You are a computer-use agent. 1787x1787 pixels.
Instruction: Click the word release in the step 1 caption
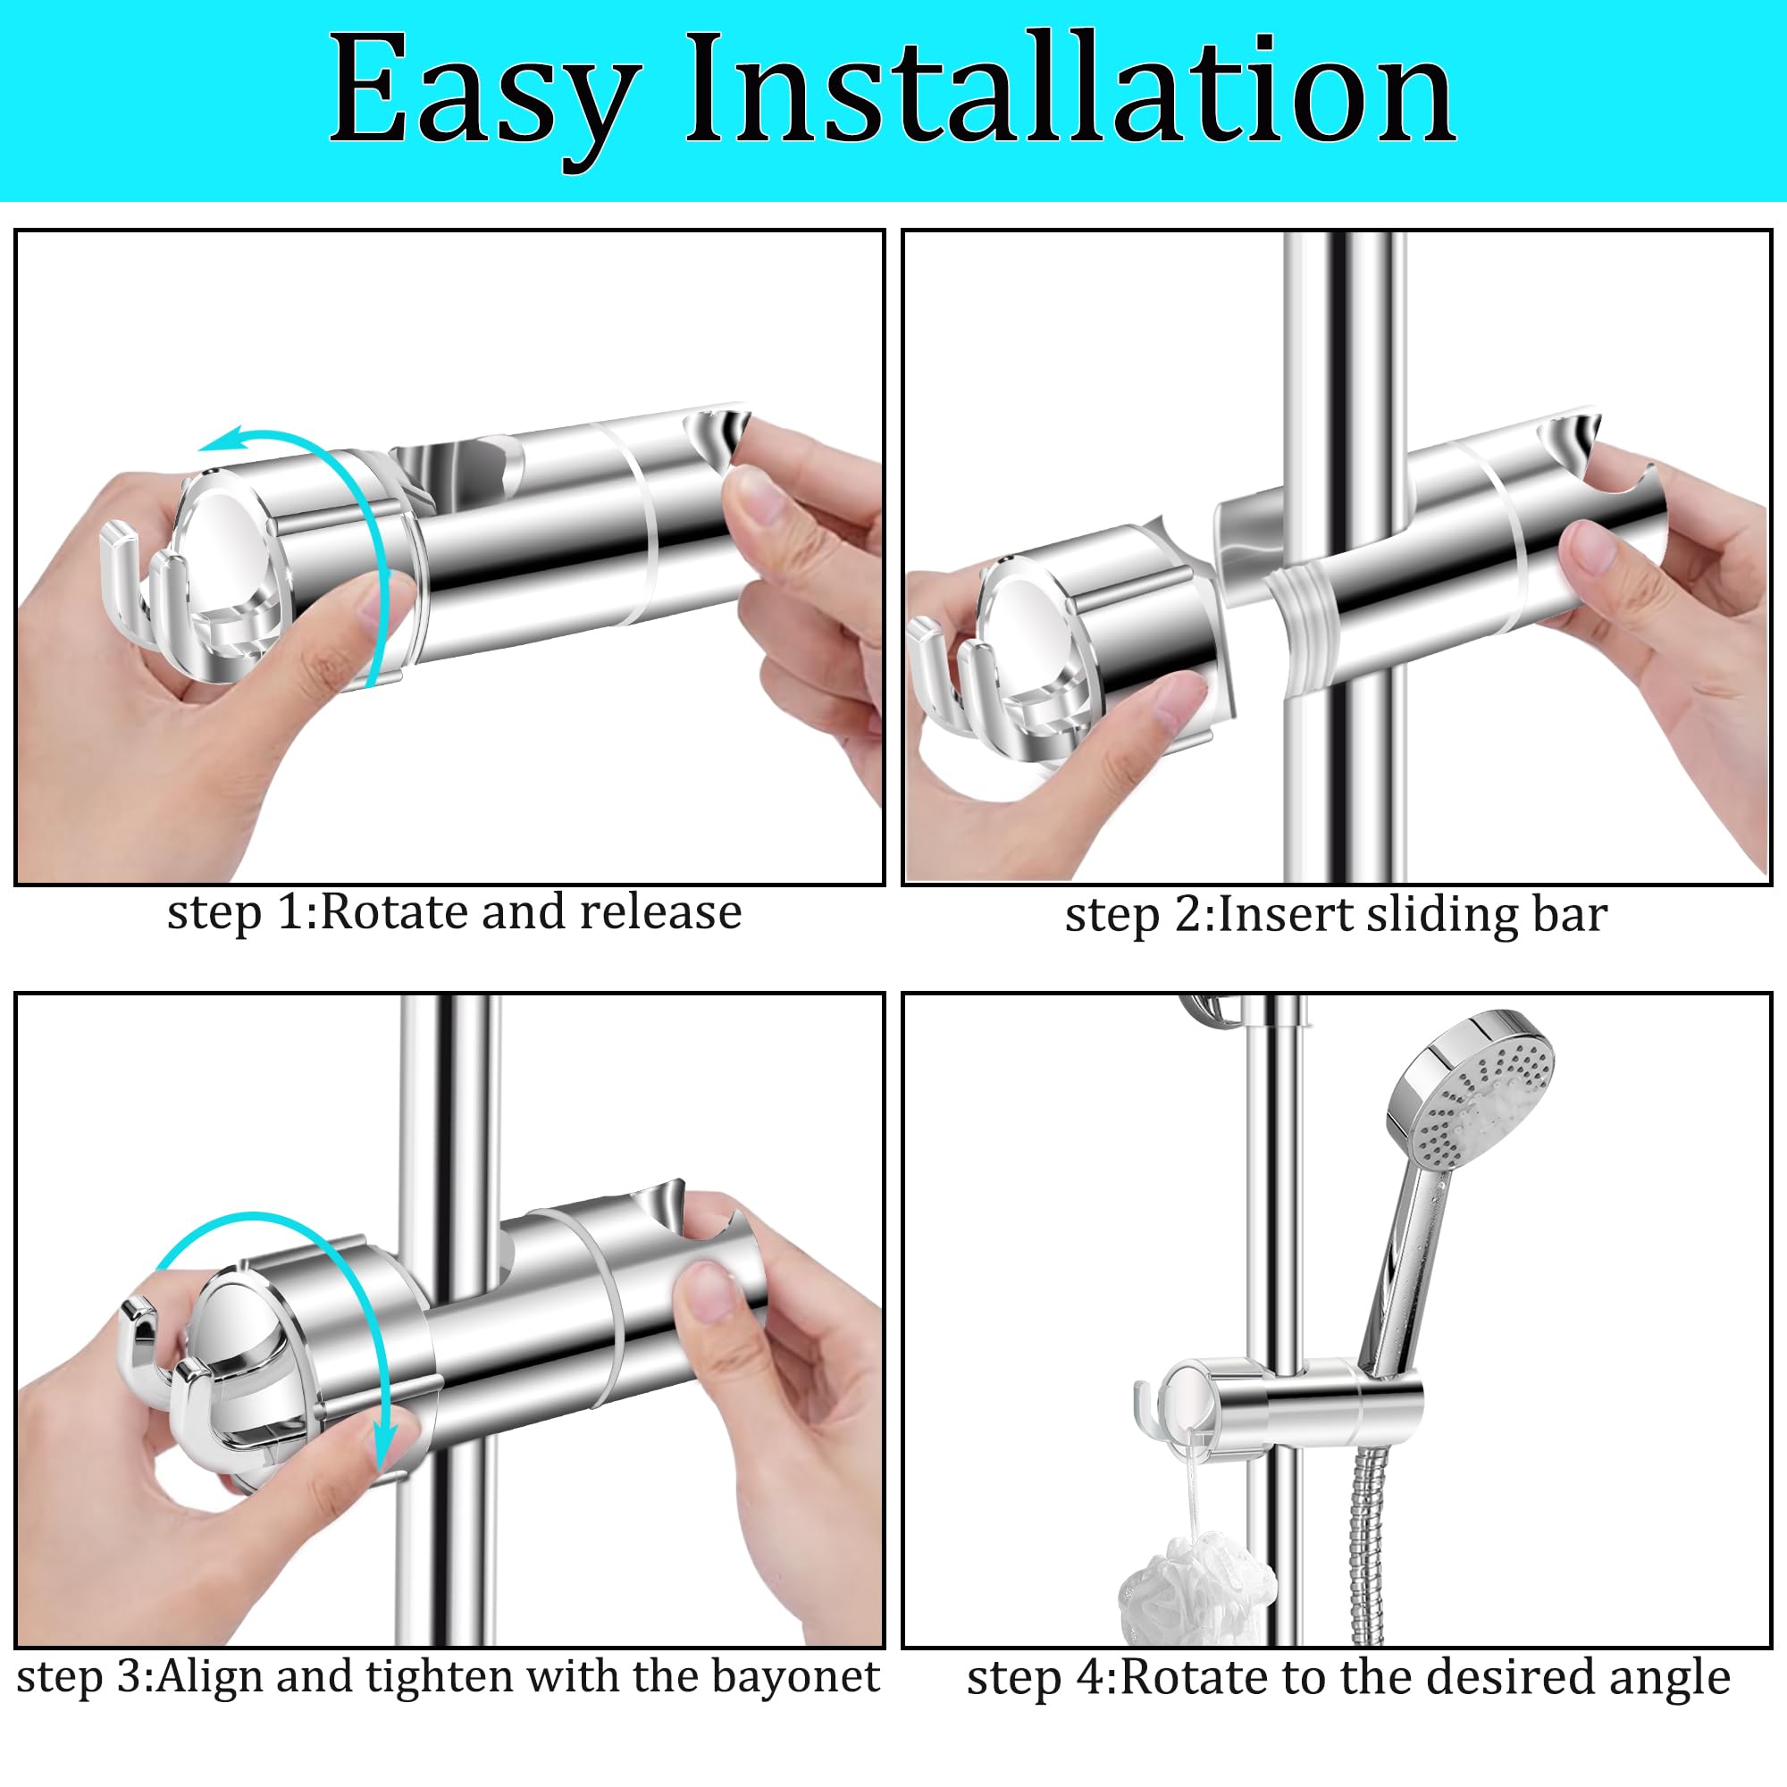660,913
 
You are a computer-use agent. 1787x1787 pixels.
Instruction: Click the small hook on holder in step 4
1145,1405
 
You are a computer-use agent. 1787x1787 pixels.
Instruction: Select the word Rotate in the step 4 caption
1183,1676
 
